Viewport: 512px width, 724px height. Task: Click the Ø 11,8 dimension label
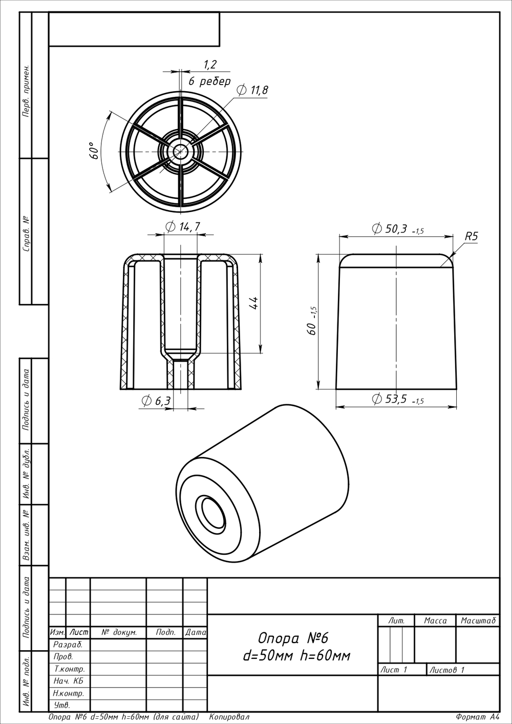click(252, 90)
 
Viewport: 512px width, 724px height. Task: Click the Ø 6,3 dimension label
click(156, 401)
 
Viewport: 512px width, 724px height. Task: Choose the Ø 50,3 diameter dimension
click(398, 229)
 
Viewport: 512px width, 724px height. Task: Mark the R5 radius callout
click(471, 237)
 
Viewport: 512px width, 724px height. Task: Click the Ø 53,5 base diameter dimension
click(398, 399)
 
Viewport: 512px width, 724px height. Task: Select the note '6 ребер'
click(210, 81)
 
